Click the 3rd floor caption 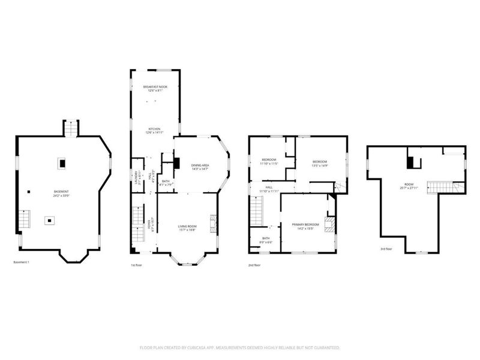(x=386, y=248)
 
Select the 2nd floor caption (x=254, y=265)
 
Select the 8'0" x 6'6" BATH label (x=265, y=240)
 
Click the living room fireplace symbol (x=212, y=224)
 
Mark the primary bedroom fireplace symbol (x=328, y=224)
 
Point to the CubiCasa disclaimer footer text (x=240, y=347)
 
